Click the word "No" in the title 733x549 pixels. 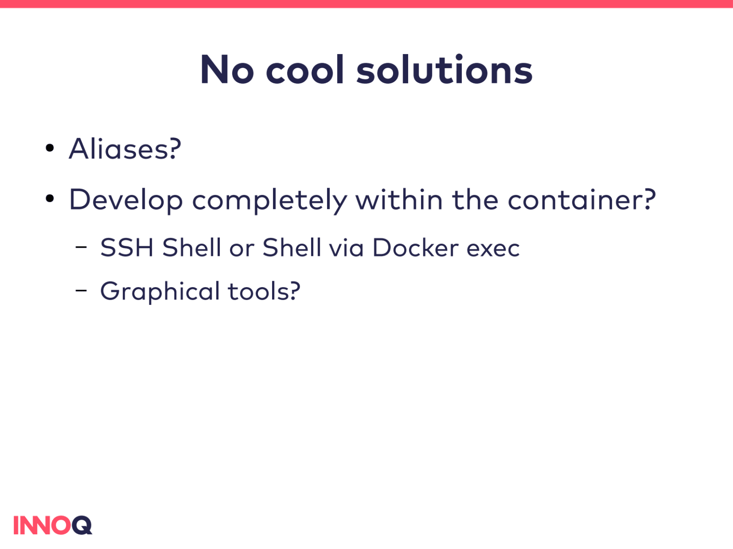227,70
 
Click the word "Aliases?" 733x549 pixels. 125,148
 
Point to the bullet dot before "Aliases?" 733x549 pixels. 50,148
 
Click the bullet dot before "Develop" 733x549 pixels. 50,199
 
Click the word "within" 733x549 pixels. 399,199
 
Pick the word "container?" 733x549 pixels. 582,199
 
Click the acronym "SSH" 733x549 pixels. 127,248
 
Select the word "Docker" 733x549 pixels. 416,248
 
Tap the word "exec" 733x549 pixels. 493,250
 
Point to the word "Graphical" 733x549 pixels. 160,292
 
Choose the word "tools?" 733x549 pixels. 264,291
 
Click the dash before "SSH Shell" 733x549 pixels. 81,247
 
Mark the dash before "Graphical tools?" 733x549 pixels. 81,291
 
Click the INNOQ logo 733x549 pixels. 53,525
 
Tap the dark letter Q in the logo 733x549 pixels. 82,525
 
